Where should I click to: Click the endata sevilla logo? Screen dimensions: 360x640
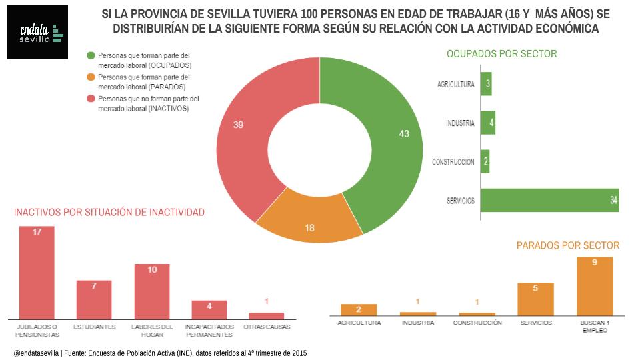37,32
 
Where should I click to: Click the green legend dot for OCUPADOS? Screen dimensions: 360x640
91,55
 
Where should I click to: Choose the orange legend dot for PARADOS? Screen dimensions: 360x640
91,77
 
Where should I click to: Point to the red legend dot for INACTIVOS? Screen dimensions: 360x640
91,98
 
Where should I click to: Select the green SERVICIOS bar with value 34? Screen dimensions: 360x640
549,201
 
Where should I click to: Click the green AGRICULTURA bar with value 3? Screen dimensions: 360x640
486,84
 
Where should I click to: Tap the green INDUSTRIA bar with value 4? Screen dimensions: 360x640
487,123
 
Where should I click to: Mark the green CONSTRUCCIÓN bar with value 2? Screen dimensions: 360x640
485,161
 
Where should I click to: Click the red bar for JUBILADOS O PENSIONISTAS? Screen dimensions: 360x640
37,273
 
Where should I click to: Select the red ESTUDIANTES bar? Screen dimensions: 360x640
94,299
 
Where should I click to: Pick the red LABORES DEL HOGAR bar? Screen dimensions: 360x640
152,291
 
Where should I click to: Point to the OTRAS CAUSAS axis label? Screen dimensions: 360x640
267,327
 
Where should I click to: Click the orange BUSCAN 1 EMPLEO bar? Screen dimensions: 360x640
595,286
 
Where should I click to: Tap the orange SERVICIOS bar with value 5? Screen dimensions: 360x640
536,299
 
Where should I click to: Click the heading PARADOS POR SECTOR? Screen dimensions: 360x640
567,245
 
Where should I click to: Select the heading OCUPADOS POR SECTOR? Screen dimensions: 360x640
501,54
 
